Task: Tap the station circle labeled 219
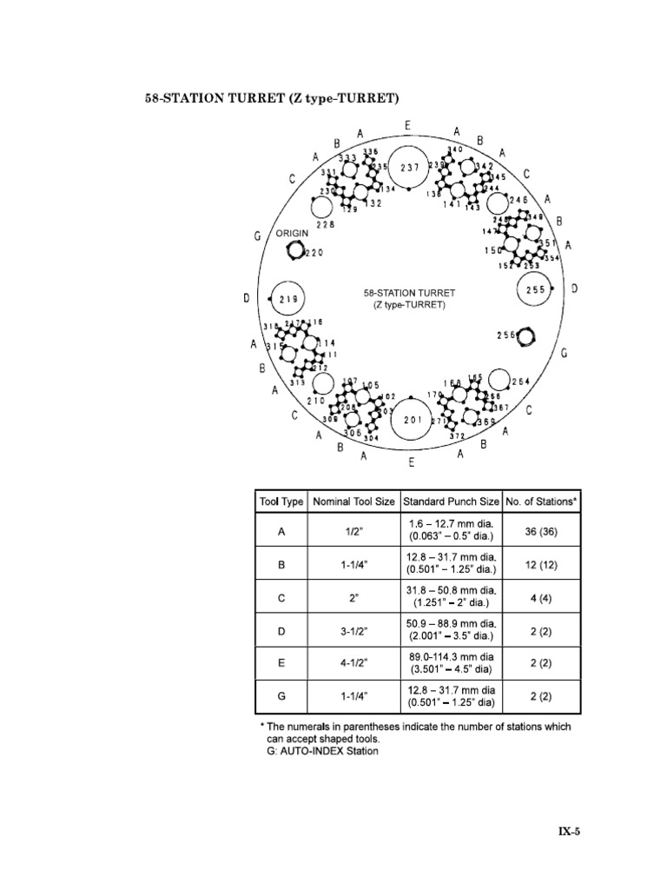[288, 299]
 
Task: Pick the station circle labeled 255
[535, 289]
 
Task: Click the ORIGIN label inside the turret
[293, 234]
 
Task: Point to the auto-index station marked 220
[293, 252]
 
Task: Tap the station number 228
[325, 224]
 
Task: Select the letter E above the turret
[407, 127]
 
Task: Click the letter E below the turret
[412, 462]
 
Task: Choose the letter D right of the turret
[575, 288]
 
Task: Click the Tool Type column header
[281, 501]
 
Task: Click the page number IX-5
[568, 831]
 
